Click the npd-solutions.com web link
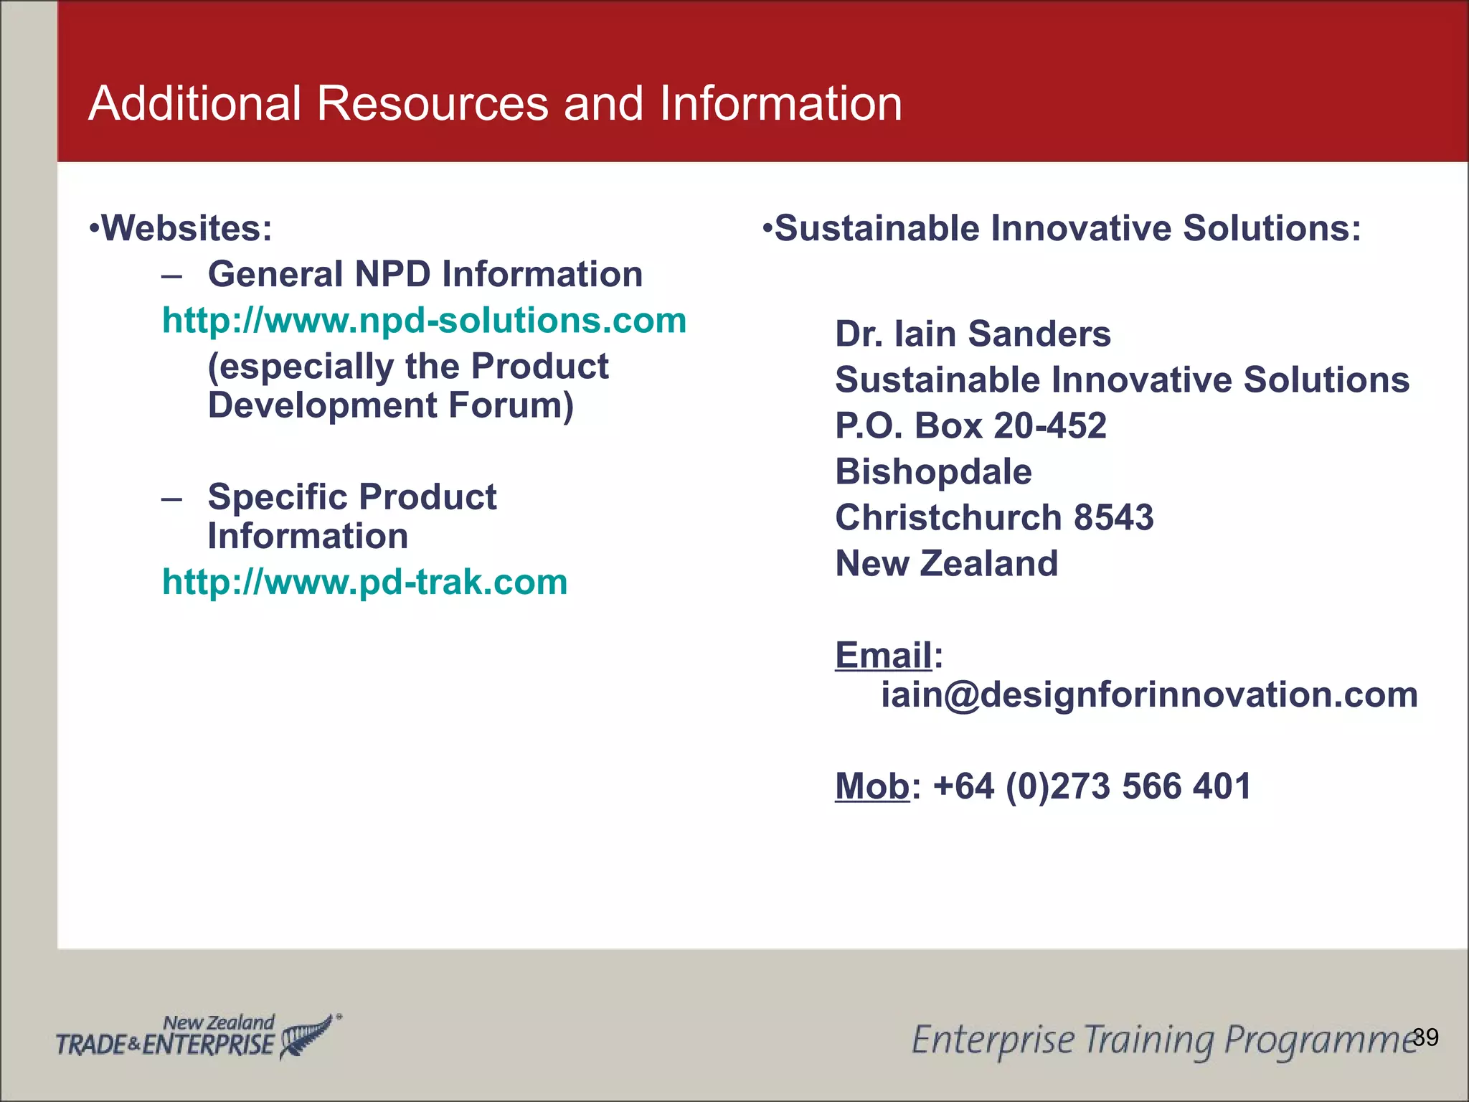(424, 321)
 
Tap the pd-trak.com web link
(364, 582)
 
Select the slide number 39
(1425, 1037)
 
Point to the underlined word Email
(884, 655)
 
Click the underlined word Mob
(872, 786)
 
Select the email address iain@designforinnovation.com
(1149, 695)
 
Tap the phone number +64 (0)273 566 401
(1092, 786)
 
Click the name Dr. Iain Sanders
(973, 334)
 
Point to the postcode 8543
(1113, 518)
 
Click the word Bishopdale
(933, 472)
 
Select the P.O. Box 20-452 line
(970, 426)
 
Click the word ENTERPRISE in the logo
(209, 1045)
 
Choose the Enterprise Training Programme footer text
(1162, 1040)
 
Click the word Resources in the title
(433, 104)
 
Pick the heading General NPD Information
(425, 275)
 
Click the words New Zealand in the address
(946, 564)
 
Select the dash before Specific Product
(171, 498)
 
